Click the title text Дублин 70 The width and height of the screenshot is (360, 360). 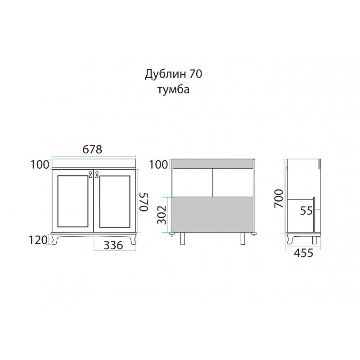[173, 74]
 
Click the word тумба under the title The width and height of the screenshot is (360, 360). [173, 90]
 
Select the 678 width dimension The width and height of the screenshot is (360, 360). [92, 149]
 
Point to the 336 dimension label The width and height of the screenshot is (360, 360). [113, 245]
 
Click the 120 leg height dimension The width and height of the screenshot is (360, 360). [38, 240]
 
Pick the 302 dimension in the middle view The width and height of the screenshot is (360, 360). [162, 215]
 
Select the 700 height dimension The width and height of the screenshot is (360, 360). [279, 198]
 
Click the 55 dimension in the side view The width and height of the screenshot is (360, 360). [306, 211]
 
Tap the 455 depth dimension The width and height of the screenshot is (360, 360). [303, 253]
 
